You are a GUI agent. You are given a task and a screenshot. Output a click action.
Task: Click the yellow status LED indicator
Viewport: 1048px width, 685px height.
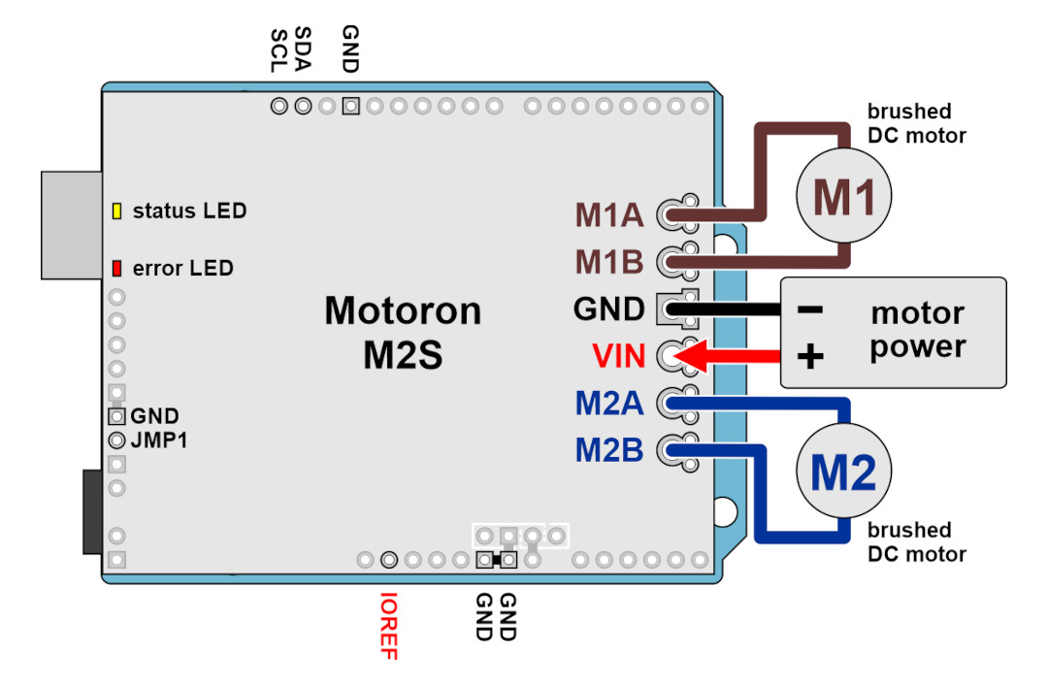(x=117, y=212)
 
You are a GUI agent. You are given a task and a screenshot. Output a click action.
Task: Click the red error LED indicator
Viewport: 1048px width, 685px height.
(x=117, y=269)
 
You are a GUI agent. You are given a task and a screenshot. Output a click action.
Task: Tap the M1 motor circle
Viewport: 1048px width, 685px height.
(x=843, y=195)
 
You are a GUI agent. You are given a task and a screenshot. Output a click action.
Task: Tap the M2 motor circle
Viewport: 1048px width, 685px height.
(x=843, y=471)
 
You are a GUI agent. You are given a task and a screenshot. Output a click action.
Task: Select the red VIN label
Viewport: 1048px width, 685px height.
(x=619, y=356)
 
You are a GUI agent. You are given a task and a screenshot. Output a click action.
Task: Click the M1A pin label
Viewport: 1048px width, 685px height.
(x=608, y=215)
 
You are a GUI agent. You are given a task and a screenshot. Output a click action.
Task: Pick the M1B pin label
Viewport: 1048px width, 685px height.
(x=608, y=262)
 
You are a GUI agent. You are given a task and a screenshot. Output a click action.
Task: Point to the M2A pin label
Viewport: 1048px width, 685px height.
(x=608, y=403)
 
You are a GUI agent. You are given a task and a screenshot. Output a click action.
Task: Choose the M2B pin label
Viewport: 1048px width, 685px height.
(x=608, y=450)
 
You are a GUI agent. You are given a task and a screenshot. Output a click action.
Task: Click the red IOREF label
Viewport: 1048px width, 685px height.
(x=388, y=626)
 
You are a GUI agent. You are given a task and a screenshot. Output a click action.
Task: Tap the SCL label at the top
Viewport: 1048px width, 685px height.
(x=278, y=50)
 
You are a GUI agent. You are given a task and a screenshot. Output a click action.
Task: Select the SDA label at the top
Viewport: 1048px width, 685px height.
(x=303, y=49)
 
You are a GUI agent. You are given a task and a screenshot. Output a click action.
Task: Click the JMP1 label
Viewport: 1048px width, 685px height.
(x=159, y=440)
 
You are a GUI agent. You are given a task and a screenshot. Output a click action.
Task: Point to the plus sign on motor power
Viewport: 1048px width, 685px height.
(x=810, y=356)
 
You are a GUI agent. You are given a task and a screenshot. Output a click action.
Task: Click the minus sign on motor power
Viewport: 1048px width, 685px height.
(x=810, y=310)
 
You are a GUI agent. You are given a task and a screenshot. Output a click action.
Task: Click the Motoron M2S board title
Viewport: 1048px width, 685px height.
(x=403, y=332)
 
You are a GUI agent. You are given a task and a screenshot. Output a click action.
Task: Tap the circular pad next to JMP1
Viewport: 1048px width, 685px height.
(x=117, y=440)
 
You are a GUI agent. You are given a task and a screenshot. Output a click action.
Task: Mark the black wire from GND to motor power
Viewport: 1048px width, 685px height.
(x=724, y=310)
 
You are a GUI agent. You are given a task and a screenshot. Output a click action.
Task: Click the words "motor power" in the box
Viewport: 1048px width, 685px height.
(x=918, y=330)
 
